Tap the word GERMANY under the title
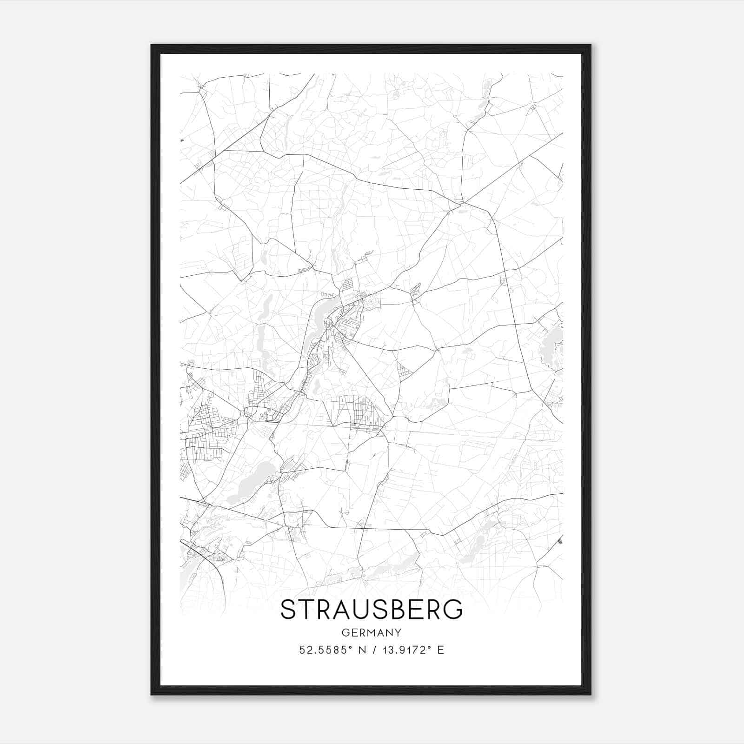[372, 632]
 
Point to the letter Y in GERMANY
[398, 632]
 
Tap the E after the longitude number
[441, 650]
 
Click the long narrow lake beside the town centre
[322, 316]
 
